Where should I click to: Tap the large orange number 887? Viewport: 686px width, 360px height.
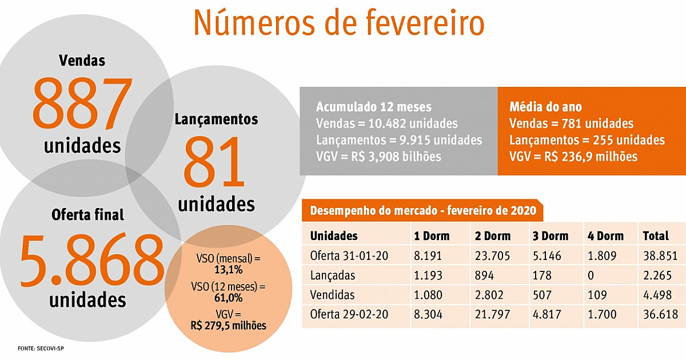82,103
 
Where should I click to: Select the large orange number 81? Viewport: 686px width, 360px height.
215,163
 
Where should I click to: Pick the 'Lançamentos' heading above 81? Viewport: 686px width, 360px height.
216,119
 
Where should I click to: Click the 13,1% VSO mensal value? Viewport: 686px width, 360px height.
225,269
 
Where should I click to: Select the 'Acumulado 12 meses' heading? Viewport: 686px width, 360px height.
373,107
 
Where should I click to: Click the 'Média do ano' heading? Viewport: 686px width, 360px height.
545,107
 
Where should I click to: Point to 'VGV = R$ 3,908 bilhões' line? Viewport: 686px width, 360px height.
378,156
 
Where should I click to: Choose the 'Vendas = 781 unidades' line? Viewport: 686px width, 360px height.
571,123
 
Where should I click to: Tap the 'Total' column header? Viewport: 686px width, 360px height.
655,235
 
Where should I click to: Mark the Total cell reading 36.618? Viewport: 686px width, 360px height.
659,314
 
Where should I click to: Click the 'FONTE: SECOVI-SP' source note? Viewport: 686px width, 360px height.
39,348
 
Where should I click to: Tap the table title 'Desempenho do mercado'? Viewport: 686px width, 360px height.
422,210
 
